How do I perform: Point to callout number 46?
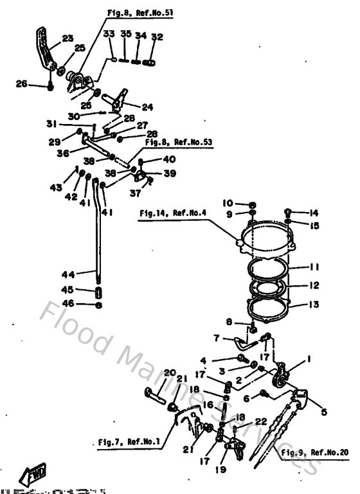tap(67, 304)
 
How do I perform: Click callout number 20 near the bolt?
tap(169, 373)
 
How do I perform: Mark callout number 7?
tap(217, 337)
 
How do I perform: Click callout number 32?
tap(154, 37)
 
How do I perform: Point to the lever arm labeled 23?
tap(46, 51)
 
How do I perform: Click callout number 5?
tap(323, 412)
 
